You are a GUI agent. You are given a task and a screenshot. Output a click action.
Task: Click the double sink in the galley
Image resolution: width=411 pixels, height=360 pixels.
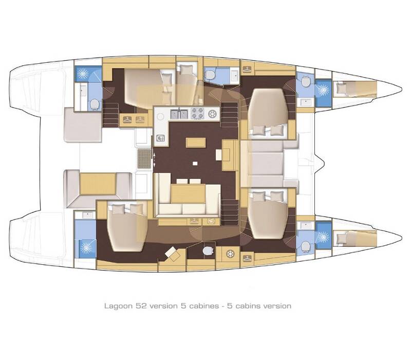click(x=179, y=114)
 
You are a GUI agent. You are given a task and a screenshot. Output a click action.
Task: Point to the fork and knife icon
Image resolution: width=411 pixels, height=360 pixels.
click(x=160, y=137)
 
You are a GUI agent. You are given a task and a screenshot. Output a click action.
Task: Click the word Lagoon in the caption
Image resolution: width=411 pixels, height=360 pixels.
click(x=116, y=305)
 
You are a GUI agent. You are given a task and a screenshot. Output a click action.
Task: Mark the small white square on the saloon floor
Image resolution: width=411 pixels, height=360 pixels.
click(x=195, y=164)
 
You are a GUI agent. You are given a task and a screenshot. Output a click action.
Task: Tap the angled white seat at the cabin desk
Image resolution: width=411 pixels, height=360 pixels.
click(x=172, y=253)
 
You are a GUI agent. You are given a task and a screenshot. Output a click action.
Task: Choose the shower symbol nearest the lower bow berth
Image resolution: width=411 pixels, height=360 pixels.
click(x=323, y=237)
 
